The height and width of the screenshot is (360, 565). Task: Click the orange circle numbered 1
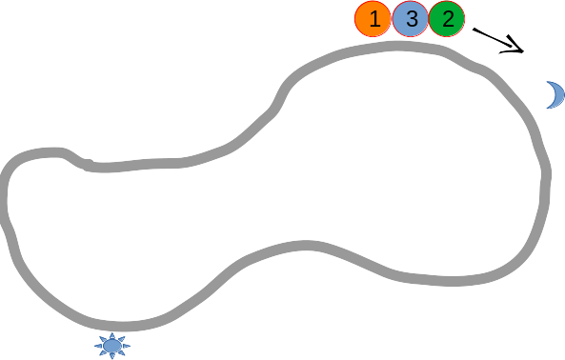click(x=373, y=19)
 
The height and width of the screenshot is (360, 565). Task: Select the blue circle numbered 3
click(x=410, y=19)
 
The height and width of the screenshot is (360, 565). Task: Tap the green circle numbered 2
click(x=447, y=19)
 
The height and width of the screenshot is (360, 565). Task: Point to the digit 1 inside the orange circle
click(x=373, y=19)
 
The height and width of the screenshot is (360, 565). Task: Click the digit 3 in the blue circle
click(x=411, y=19)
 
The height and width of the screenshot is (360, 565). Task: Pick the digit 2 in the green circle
click(x=448, y=19)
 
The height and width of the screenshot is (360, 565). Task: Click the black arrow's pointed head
click(x=523, y=51)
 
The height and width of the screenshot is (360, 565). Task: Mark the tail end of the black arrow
click(x=473, y=28)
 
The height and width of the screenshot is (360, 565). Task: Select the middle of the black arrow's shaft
click(x=497, y=39)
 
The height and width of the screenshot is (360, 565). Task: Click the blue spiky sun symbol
click(x=112, y=346)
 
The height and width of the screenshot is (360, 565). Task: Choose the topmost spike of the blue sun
click(x=112, y=332)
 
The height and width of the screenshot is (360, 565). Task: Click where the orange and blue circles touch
click(x=392, y=19)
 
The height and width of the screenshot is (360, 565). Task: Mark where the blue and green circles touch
click(x=429, y=19)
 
